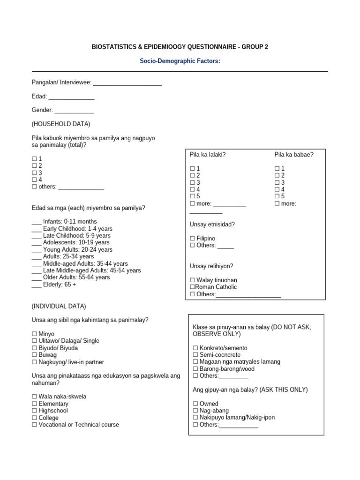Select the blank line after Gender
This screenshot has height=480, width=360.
[74, 111]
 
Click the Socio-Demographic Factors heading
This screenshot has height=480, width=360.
[180, 61]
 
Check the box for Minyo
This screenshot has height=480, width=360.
[34, 334]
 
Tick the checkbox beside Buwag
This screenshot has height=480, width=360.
[34, 355]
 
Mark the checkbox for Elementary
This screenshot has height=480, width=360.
[34, 404]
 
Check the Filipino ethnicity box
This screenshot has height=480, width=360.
[192, 239]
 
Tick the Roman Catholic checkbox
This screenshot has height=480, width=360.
[192, 287]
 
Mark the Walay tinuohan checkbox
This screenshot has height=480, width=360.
[192, 280]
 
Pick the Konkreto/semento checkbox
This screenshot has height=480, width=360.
[195, 348]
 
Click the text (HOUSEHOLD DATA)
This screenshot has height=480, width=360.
[61, 124]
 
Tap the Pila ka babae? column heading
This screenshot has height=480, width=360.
[294, 154]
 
